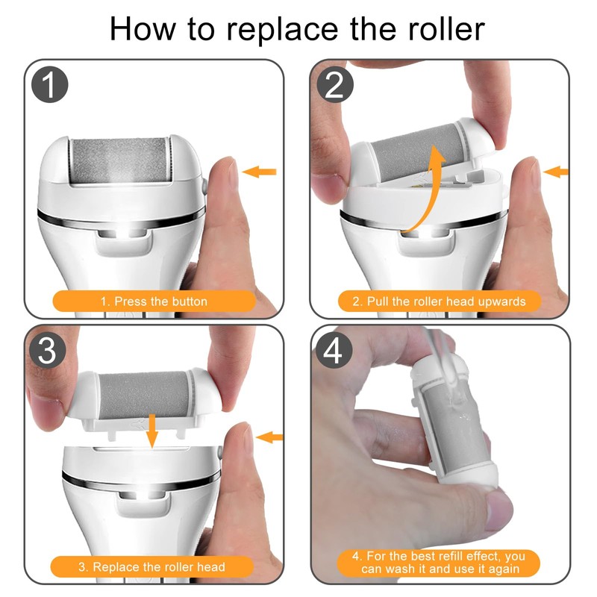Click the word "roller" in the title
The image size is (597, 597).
tap(446, 29)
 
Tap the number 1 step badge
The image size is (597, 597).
tap(49, 84)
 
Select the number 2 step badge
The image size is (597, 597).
tap(334, 84)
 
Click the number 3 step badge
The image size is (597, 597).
tap(47, 350)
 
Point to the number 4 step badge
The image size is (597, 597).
tap(333, 350)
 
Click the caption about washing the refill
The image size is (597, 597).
tap(439, 563)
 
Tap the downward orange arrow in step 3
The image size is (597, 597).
tap(152, 431)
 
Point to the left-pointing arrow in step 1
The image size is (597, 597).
tap(259, 172)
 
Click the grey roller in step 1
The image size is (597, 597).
tap(120, 160)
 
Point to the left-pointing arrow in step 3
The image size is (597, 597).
tap(269, 437)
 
